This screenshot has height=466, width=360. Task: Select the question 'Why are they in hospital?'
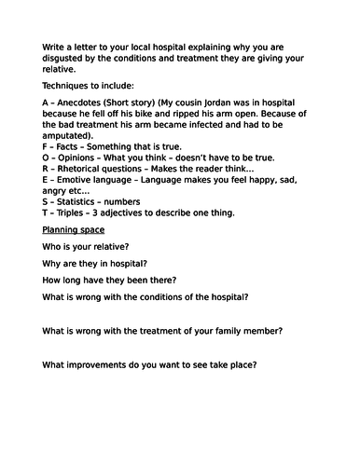pyautogui.click(x=101, y=265)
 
